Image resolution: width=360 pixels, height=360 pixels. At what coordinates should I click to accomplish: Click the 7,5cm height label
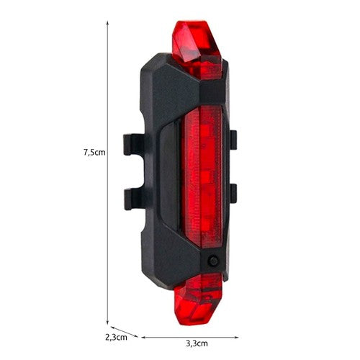(94, 152)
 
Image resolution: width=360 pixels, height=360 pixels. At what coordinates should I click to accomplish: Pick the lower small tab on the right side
(232, 192)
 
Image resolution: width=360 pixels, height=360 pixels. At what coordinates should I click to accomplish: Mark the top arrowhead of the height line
(107, 22)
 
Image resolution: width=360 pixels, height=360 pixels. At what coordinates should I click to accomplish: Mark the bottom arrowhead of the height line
(107, 323)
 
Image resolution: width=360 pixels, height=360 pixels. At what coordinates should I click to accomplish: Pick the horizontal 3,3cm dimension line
(216, 336)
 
